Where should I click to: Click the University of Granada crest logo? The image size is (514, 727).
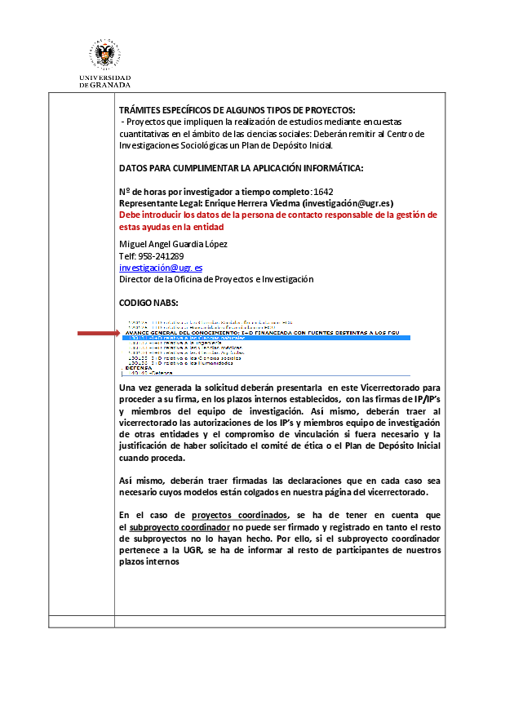pyautogui.click(x=104, y=55)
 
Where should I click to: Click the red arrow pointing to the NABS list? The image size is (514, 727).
pyautogui.click(x=98, y=333)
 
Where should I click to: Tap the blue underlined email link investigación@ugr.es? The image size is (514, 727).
pyautogui.click(x=161, y=267)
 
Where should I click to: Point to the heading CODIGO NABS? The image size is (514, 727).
pyautogui.click(x=148, y=302)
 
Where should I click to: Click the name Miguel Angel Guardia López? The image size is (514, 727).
pyautogui.click(x=173, y=244)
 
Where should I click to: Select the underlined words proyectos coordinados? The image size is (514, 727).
pyautogui.click(x=240, y=515)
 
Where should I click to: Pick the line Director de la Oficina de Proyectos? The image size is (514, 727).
pyautogui.click(x=216, y=279)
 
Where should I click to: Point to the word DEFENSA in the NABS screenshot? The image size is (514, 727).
pyautogui.click(x=139, y=368)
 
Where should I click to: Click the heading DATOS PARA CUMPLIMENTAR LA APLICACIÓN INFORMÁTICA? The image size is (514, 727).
pyautogui.click(x=241, y=168)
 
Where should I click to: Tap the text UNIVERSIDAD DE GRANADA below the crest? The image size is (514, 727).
pyautogui.click(x=104, y=82)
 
